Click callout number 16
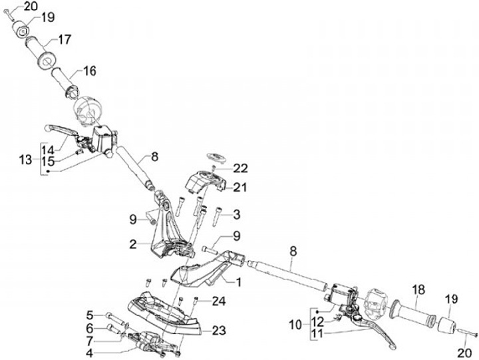[x=89, y=71]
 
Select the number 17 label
[x=64, y=39]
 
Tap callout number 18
[x=418, y=290]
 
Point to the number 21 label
[x=239, y=188]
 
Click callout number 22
[x=239, y=168]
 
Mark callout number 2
[x=134, y=245]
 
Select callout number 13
[x=25, y=160]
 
